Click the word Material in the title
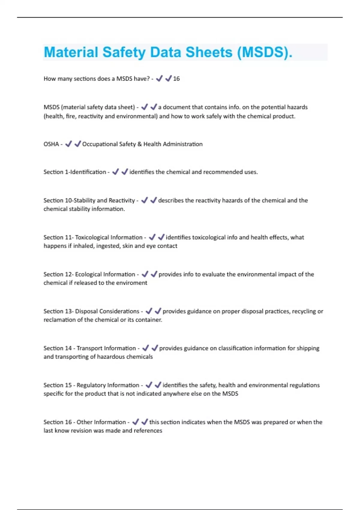(71, 52)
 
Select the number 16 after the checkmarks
(176, 79)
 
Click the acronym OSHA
(51, 144)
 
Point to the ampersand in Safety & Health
(139, 144)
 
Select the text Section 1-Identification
(75, 172)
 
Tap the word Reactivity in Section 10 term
(121, 200)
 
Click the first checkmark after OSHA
(68, 144)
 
